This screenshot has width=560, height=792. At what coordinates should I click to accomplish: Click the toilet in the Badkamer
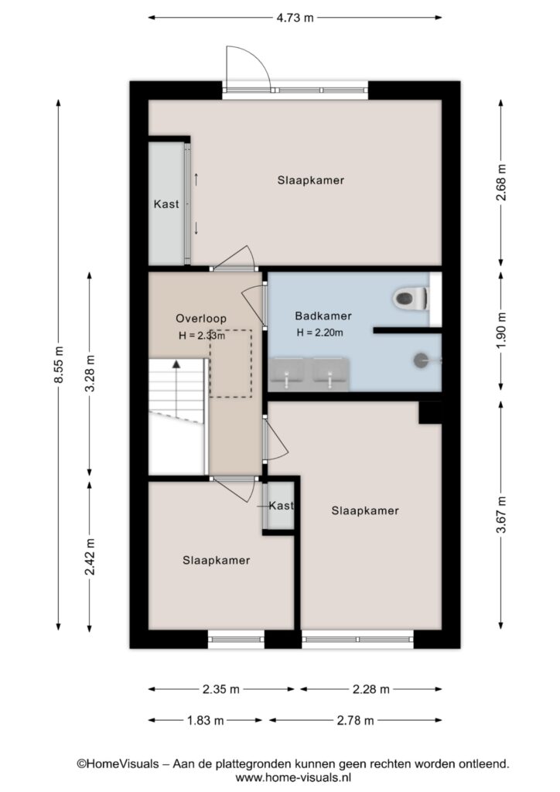pyautogui.click(x=411, y=298)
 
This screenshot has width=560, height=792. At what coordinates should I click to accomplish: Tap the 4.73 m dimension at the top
pyautogui.click(x=295, y=18)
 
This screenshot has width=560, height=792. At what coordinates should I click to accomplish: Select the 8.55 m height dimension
pyautogui.click(x=59, y=364)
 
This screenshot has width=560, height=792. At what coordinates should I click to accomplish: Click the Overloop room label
pyautogui.click(x=201, y=318)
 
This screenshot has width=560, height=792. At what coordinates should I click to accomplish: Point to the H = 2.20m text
pyautogui.click(x=320, y=333)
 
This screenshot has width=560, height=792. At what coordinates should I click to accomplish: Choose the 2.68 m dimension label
pyautogui.click(x=500, y=183)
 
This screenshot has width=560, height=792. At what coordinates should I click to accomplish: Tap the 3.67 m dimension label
pyautogui.click(x=500, y=514)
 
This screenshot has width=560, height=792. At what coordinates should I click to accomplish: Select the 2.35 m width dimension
pyautogui.click(x=221, y=689)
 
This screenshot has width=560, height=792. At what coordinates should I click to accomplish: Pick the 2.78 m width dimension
pyautogui.click(x=356, y=720)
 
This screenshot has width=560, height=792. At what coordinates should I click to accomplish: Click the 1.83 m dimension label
pyautogui.click(x=206, y=720)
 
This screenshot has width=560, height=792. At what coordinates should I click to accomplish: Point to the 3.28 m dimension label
pyautogui.click(x=90, y=374)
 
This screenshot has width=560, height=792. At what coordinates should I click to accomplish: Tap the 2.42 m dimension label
pyautogui.click(x=90, y=557)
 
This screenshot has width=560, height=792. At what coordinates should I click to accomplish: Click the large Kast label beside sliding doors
pyautogui.click(x=166, y=204)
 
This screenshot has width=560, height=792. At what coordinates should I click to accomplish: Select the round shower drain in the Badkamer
pyautogui.click(x=421, y=360)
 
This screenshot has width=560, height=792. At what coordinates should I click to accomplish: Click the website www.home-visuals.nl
pyautogui.click(x=293, y=777)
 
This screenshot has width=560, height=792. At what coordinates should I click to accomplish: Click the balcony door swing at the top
pyautogui.click(x=248, y=67)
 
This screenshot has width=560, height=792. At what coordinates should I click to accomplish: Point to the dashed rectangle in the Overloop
pyautogui.click(x=230, y=364)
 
